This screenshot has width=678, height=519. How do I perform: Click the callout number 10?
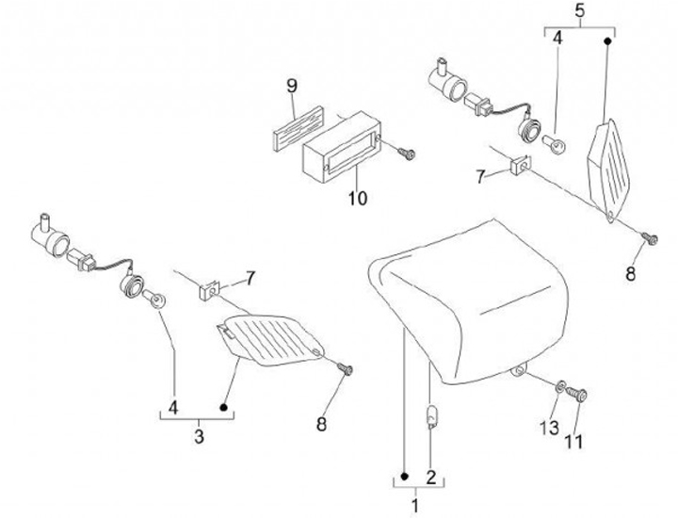(358, 199)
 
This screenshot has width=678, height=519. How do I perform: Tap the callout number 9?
(292, 87)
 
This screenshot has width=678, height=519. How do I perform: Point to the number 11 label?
(575, 440)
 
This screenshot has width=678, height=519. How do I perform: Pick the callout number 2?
(430, 477)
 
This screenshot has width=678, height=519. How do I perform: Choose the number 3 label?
(199, 436)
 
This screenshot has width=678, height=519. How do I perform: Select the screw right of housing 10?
(407, 151)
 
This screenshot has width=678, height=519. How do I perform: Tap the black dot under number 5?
(607, 41)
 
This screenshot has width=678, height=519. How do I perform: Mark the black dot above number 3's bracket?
(224, 408)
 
